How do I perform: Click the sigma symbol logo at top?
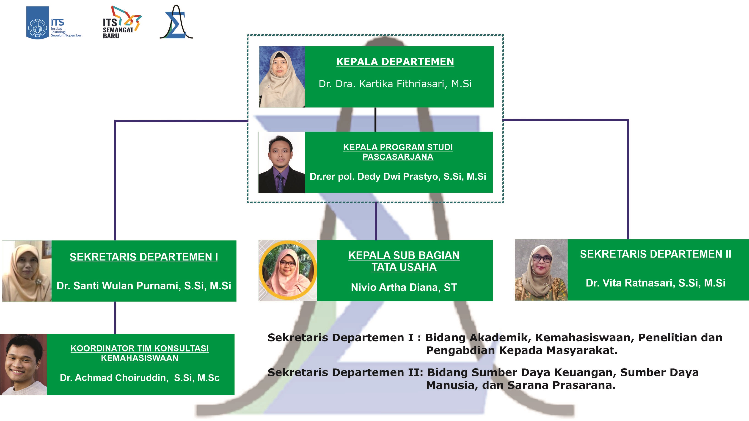click(176, 22)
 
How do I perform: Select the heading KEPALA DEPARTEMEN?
click(395, 62)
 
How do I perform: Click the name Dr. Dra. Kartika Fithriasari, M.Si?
click(395, 84)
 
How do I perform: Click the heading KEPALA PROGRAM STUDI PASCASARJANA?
click(398, 152)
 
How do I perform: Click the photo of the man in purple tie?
click(281, 162)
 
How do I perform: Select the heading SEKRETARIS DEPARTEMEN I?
click(144, 257)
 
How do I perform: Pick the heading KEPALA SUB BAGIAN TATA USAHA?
click(404, 261)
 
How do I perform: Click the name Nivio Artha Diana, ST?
click(404, 288)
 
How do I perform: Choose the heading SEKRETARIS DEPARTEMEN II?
click(655, 254)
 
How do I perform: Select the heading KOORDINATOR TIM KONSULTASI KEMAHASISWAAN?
click(140, 353)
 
